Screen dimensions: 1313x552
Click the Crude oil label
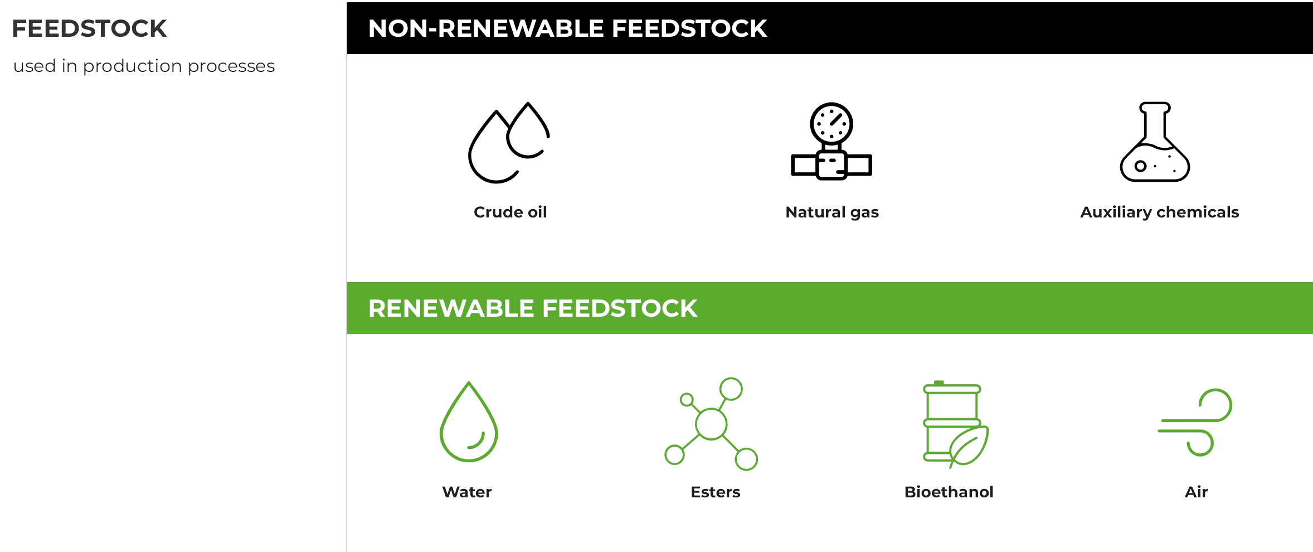click(x=510, y=212)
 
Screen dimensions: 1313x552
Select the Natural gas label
click(x=831, y=212)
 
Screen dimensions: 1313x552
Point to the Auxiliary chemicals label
click(x=1159, y=212)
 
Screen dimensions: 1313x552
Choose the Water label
click(x=466, y=492)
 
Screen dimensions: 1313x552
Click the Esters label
click(x=715, y=492)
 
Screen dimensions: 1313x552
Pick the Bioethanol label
click(x=949, y=492)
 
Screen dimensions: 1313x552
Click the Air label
click(x=1196, y=492)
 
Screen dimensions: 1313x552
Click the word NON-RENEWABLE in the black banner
click(x=486, y=28)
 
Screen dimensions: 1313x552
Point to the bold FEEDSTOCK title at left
click(x=89, y=28)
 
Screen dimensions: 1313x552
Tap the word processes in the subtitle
click(x=231, y=66)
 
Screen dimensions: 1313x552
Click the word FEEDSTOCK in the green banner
click(x=620, y=308)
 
